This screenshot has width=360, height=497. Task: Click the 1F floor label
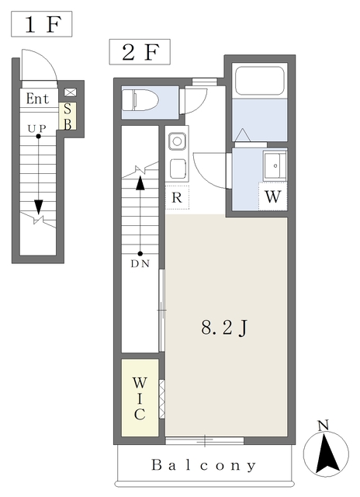[42, 24]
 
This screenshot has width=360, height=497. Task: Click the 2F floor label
[140, 52]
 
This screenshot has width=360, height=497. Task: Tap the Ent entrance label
[37, 99]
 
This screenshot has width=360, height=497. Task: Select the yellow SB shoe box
[67, 116]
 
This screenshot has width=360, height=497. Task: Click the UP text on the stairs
[36, 128]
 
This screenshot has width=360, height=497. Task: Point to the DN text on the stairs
[140, 264]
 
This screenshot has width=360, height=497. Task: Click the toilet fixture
[140, 100]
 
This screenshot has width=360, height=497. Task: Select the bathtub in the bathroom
[260, 80]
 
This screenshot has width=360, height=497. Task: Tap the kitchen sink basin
[177, 141]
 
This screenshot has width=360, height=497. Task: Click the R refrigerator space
[177, 197]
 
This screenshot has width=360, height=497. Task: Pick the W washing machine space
[272, 196]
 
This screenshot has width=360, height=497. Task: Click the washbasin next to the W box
[275, 165]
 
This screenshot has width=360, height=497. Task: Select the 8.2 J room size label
[224, 328]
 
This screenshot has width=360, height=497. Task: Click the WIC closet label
[140, 398]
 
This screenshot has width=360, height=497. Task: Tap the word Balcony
[203, 465]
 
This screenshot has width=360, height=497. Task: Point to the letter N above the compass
[324, 426]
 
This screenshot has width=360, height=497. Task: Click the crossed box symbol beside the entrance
[71, 92]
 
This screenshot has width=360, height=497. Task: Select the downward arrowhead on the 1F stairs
[39, 207]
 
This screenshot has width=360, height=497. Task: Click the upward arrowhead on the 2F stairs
[140, 183]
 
